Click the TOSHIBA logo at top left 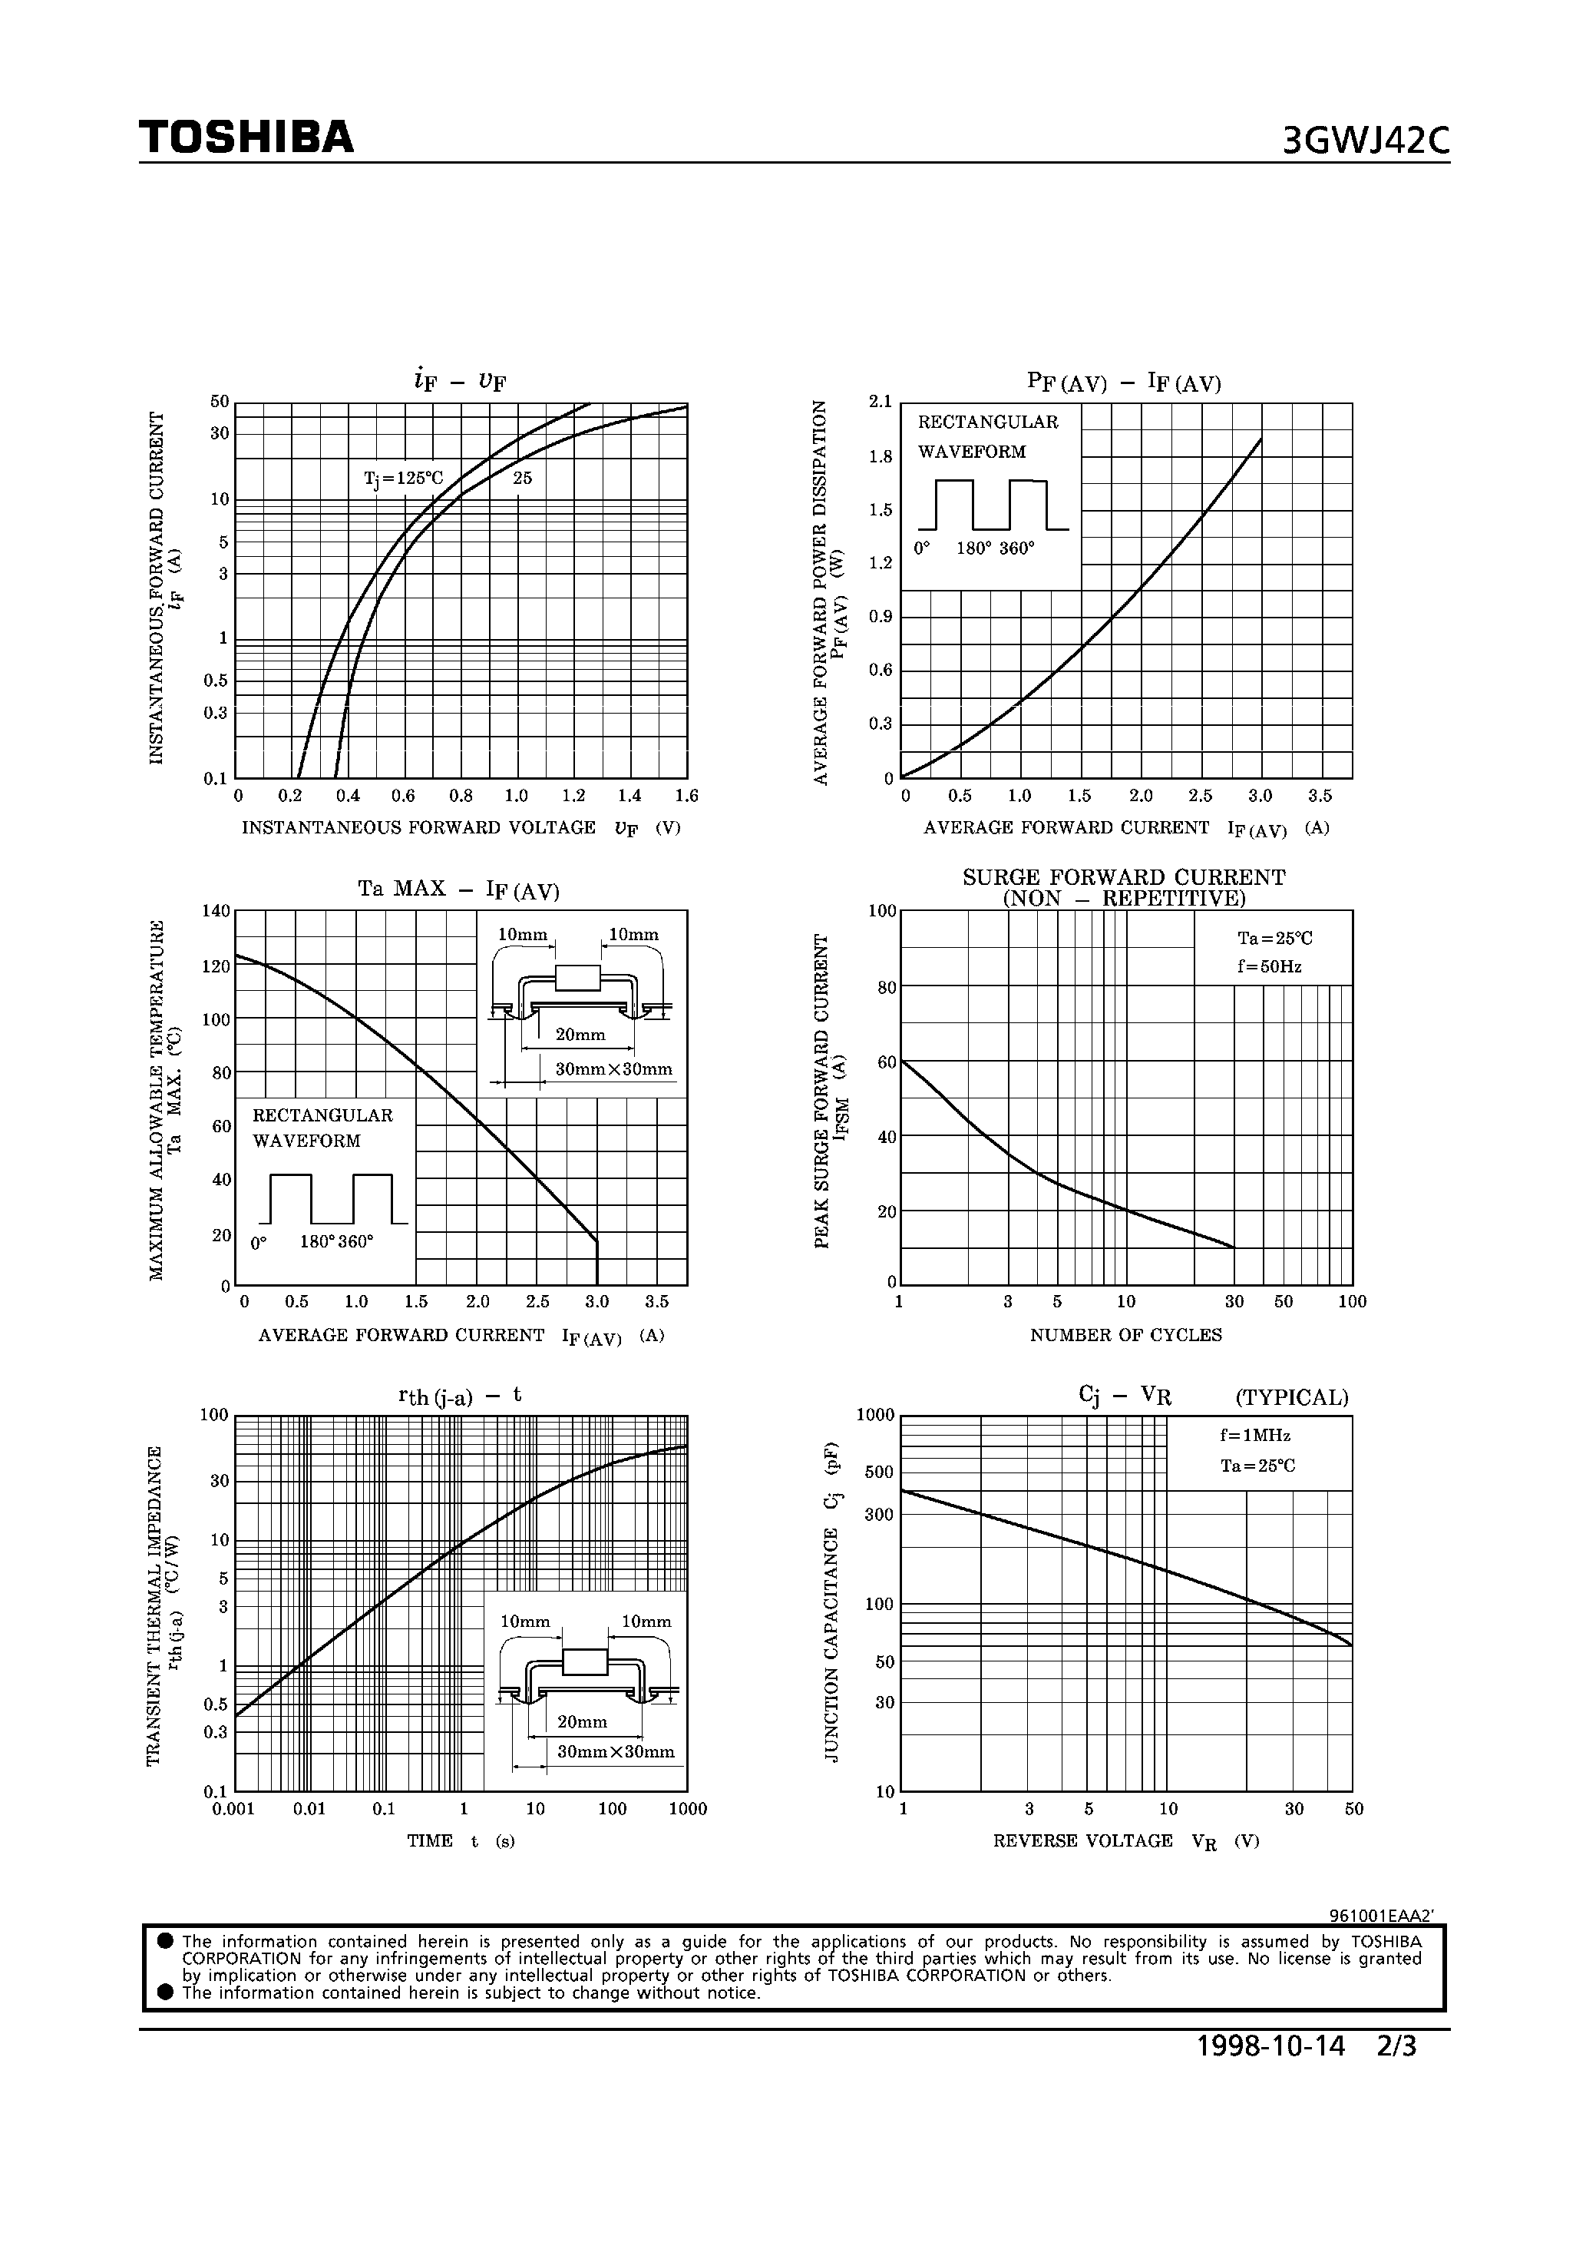[246, 138]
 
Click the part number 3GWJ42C [1365, 142]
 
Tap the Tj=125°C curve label [403, 479]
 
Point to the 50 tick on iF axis [219, 402]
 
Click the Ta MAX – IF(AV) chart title [458, 890]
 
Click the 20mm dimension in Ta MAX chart [580, 1035]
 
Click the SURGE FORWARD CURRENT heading [1124, 877]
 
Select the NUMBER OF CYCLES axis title [1125, 1335]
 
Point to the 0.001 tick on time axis [233, 1810]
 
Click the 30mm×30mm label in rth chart [615, 1752]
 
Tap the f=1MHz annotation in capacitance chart [1254, 1436]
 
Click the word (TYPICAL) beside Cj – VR [1290, 1398]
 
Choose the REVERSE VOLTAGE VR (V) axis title [1125, 1841]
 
